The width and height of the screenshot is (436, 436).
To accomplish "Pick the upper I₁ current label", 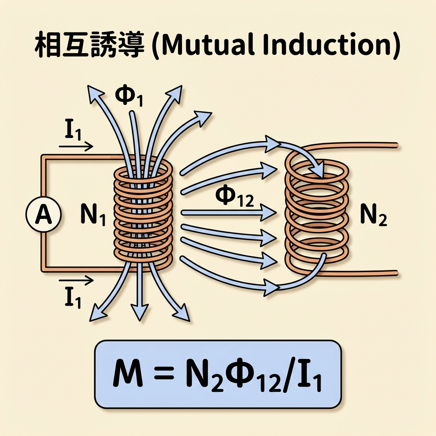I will coord(73,132).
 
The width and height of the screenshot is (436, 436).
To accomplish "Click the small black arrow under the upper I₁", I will coord(76,147).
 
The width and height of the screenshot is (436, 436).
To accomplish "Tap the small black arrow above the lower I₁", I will coord(76,281).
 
